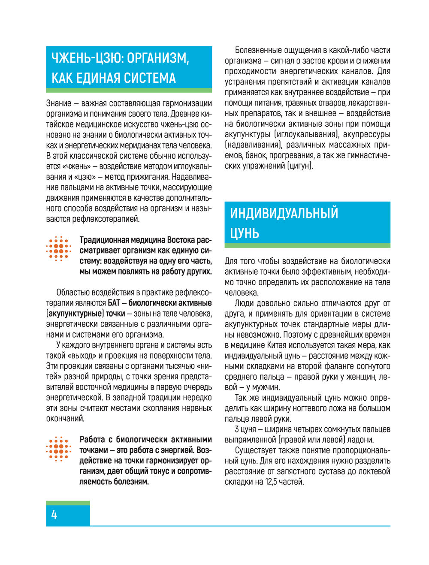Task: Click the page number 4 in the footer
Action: click(x=54, y=515)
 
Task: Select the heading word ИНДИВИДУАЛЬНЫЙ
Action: click(x=284, y=213)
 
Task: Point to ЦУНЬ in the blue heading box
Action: click(x=245, y=233)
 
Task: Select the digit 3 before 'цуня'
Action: click(x=237, y=429)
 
